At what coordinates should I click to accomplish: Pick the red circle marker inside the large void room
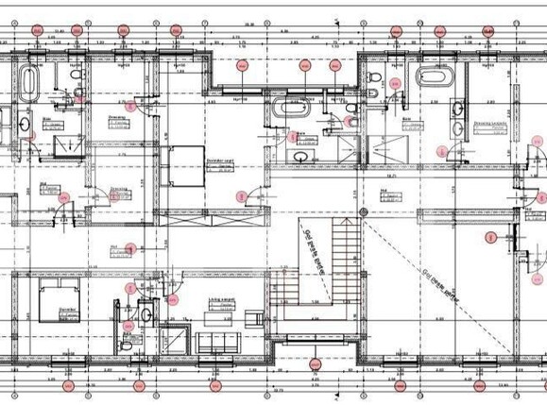coord(489,236)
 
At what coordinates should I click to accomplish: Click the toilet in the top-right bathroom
coord(373,78)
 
